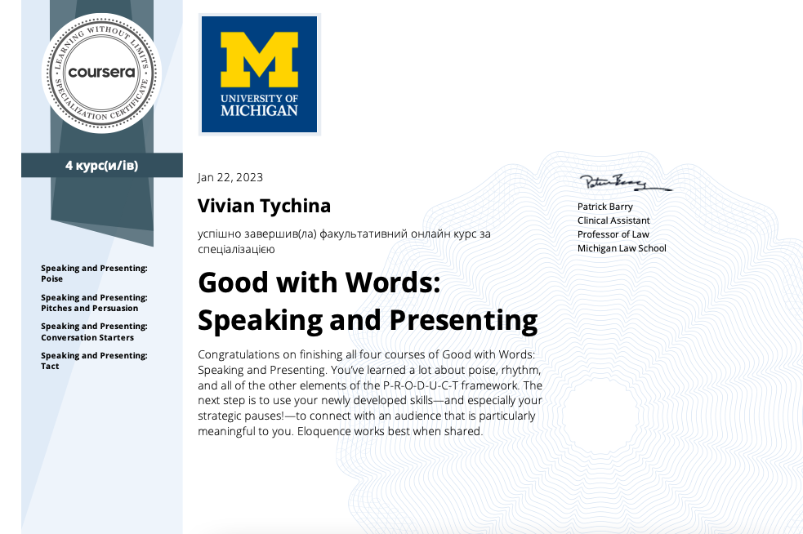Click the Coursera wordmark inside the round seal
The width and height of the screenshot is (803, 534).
pyautogui.click(x=101, y=72)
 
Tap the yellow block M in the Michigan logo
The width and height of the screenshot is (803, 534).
pyautogui.click(x=259, y=60)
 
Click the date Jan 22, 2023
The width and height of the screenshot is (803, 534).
pyautogui.click(x=230, y=178)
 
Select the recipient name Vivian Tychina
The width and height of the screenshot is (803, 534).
pyautogui.click(x=264, y=206)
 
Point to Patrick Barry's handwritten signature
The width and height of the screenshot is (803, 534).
pyautogui.click(x=625, y=183)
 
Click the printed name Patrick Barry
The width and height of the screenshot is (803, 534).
pyautogui.click(x=604, y=207)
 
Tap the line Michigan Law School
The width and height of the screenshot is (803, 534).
pyautogui.click(x=622, y=248)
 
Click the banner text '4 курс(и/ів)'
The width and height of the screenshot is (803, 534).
pyautogui.click(x=102, y=166)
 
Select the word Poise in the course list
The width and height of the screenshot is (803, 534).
pyautogui.click(x=51, y=279)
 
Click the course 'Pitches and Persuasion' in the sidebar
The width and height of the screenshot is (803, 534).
pyautogui.click(x=90, y=308)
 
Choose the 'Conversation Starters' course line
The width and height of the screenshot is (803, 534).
pyautogui.click(x=87, y=338)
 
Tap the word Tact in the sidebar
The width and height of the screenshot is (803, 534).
pyautogui.click(x=50, y=367)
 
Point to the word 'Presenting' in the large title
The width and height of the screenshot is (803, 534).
pyautogui.click(x=463, y=321)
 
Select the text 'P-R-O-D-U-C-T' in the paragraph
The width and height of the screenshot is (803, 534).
pyautogui.click(x=421, y=385)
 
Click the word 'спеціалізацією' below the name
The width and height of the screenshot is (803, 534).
pyautogui.click(x=237, y=250)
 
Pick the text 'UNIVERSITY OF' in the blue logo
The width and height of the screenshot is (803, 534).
pyautogui.click(x=259, y=98)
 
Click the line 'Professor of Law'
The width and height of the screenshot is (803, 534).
pyautogui.click(x=613, y=234)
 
